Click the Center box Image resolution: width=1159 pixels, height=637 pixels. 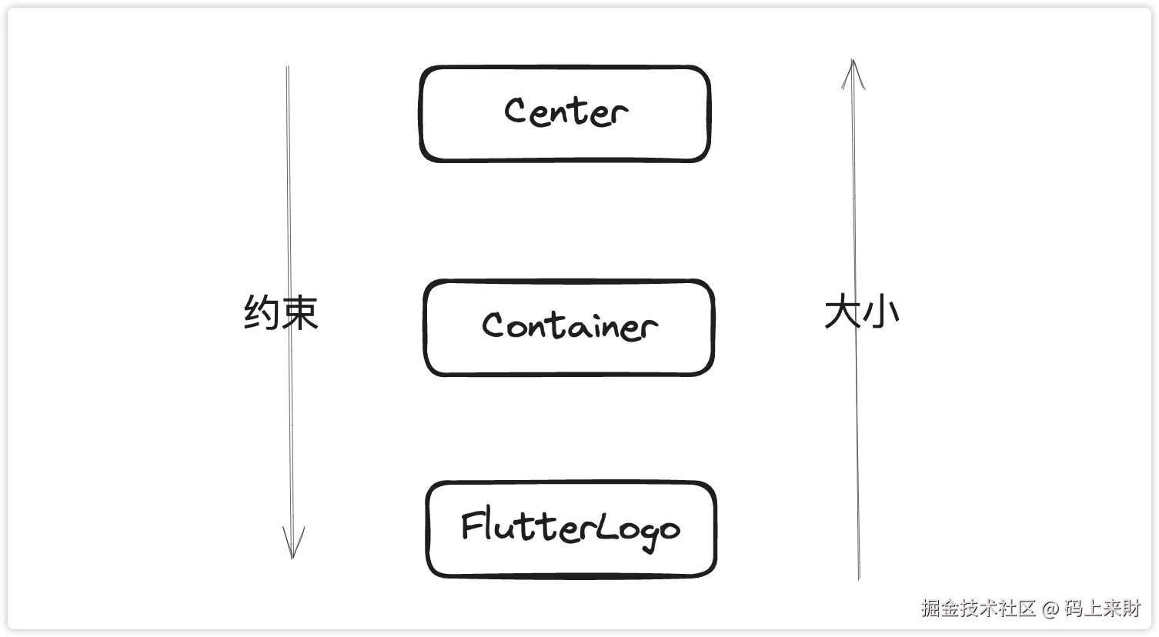point(565,114)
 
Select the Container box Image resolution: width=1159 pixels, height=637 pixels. point(569,328)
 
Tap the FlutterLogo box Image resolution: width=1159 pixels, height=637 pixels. point(571,529)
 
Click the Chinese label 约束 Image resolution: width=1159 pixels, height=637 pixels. point(281,312)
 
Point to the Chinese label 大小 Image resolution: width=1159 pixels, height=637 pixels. point(861,313)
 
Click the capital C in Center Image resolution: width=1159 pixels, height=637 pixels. point(516,111)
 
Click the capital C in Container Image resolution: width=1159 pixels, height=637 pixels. point(493,325)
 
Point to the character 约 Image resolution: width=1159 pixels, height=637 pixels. point(262,312)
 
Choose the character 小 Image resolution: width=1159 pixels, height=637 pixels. point(880,313)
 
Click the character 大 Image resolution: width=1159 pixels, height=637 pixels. point(842,313)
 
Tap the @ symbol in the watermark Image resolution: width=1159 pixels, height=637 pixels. point(1050,609)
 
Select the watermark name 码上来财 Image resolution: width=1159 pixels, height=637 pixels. point(1103,608)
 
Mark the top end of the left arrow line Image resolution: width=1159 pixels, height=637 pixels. point(287,68)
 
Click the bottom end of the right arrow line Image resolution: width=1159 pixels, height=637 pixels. point(858,577)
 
